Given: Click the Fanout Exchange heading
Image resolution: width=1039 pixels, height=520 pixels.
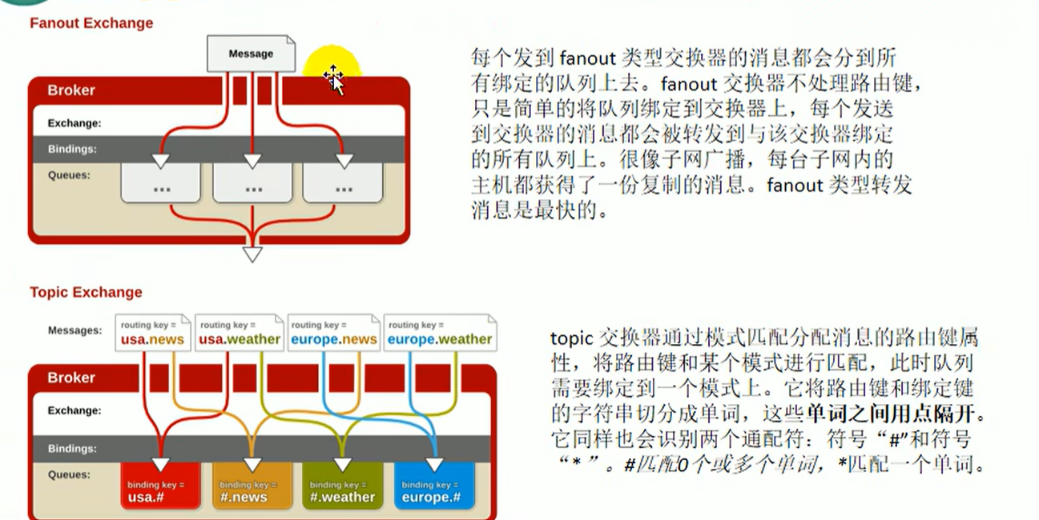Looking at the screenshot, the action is tap(91, 23).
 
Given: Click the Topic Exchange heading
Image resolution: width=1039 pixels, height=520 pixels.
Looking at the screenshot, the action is tap(86, 292).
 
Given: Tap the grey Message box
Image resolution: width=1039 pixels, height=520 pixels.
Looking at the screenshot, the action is tap(251, 54).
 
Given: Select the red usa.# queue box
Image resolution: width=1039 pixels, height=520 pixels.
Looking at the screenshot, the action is tap(160, 486).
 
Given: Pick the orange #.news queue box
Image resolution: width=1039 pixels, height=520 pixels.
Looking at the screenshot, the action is tap(252, 486).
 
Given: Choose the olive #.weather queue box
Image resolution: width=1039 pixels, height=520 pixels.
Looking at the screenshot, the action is tap(343, 486).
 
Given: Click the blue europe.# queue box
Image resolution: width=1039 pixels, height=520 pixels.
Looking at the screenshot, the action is tap(435, 486).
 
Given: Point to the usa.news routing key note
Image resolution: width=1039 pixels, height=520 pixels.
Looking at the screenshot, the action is tap(152, 333).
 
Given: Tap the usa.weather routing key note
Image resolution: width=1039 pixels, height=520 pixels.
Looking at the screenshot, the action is tap(240, 333).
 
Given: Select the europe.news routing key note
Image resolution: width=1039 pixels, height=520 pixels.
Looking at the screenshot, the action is tap(333, 333).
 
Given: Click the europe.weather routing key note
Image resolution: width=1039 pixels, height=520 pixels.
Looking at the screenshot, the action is tap(440, 333).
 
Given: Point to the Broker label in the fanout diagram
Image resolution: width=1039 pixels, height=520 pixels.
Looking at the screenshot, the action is tap(71, 90).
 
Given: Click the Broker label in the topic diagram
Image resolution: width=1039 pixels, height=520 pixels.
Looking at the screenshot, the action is tap(71, 378).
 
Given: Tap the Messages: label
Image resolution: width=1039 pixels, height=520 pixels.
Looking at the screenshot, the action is tap(75, 330).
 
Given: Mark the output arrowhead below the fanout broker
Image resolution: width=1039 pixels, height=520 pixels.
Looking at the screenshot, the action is tap(252, 254).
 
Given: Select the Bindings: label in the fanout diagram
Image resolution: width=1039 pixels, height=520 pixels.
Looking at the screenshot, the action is tap(72, 149).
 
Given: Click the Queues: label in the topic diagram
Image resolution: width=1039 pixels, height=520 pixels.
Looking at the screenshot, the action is tap(69, 474).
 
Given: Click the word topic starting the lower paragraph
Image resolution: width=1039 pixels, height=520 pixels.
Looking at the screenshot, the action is tap(572, 338).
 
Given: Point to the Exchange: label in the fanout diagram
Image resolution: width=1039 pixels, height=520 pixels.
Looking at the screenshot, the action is tap(75, 123).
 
